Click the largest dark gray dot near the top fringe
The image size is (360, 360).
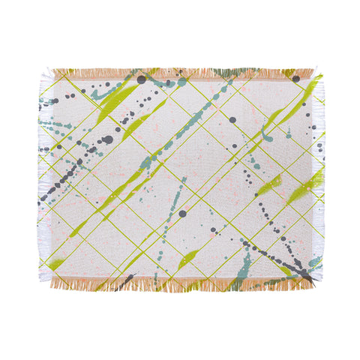coord(141,79)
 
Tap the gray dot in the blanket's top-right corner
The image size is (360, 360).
coord(295,78)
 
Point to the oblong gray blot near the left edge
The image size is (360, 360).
coord(108,139)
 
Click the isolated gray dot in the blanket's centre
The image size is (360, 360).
coord(181,214)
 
